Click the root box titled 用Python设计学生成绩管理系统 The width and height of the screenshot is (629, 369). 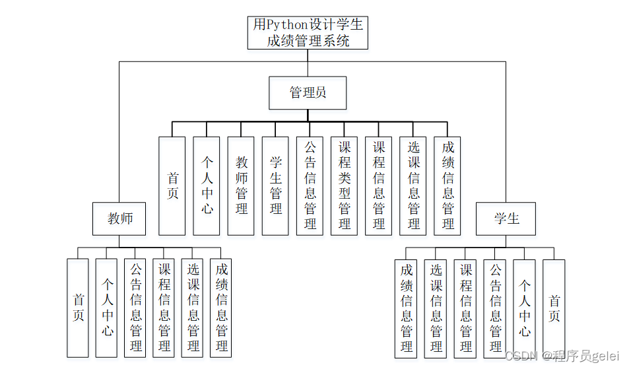coord(308,33)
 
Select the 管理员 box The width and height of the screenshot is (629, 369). coord(308,92)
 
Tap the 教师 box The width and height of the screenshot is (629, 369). coord(119,219)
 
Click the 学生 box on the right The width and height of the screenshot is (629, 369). coord(506,219)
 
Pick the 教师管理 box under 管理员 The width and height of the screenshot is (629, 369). coord(242,185)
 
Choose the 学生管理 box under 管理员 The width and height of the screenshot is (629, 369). coord(276,185)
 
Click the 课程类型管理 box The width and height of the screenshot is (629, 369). coord(345,185)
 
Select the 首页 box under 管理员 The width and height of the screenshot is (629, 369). coord(172,185)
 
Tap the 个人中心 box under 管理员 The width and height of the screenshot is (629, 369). coord(207,185)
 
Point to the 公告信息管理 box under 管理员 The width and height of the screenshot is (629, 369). coord(310,185)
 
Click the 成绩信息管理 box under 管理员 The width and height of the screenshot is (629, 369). coord(447,185)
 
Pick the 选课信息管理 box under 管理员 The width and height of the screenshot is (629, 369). coord(413,185)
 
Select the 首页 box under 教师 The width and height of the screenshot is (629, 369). coord(78,308)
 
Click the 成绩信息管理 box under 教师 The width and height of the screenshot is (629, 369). coord(222,308)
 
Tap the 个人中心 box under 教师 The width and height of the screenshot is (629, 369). coord(107,308)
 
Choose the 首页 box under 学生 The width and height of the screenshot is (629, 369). coord(554,308)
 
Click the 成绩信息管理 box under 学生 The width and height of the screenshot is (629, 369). coord(406,308)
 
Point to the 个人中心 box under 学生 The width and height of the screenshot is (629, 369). coord(524,308)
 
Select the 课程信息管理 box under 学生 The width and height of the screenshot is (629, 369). coord(465,308)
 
